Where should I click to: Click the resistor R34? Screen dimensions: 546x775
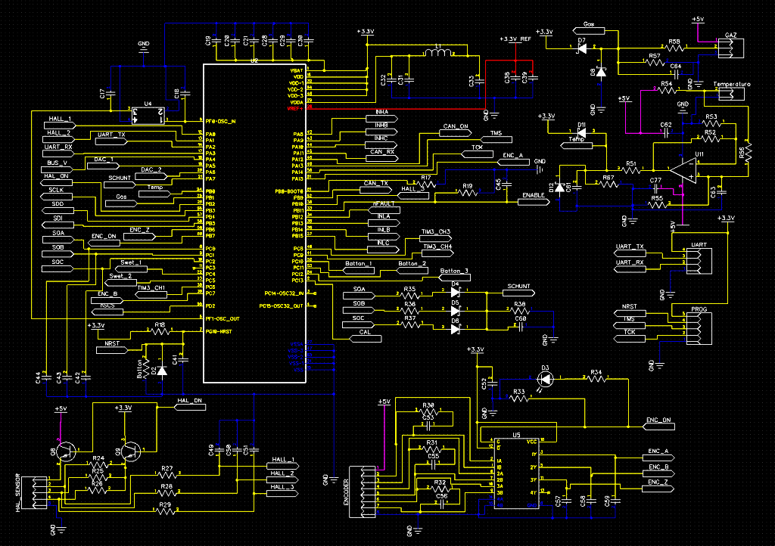(595, 379)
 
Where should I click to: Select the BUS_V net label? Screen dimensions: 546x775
(58, 163)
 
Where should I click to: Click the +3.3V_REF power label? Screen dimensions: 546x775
(515, 39)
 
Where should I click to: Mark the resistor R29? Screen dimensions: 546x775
(165, 511)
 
